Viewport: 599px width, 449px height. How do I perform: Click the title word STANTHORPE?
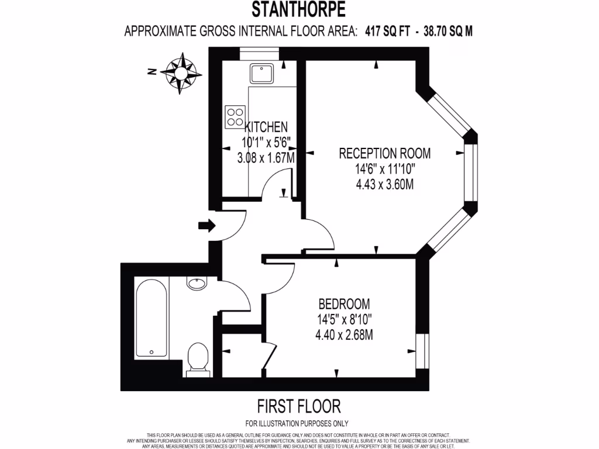coord(298,10)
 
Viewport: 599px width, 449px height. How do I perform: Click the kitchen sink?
coord(259,74)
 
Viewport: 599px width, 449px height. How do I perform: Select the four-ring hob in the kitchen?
coord(235,116)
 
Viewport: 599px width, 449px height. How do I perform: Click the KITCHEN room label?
coord(266,127)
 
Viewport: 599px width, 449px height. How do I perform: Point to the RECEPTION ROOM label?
coord(385,154)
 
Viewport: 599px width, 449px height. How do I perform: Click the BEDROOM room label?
coord(344,304)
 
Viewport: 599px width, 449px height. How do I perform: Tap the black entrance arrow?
coord(206,226)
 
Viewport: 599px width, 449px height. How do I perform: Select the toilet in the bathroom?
coord(198,358)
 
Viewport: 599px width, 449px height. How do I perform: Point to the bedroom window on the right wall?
coord(419,351)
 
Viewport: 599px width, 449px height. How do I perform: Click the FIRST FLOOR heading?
coord(298,406)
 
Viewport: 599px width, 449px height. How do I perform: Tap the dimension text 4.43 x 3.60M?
coord(385,185)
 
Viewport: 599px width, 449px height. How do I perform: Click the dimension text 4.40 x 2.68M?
coord(344,335)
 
